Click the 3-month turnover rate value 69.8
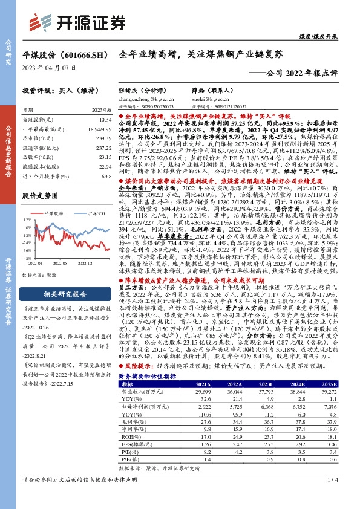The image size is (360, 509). (x=106, y=176)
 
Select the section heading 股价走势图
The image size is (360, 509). (x=38, y=196)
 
